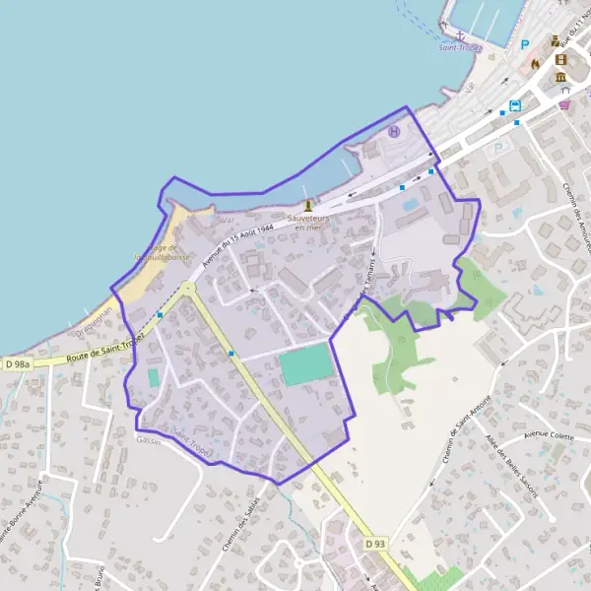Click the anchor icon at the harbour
458,34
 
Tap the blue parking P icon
525,44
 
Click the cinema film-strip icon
560,59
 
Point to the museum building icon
560,78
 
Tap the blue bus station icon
514,106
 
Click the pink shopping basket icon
564,103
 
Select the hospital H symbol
395,131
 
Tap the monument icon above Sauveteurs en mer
308,206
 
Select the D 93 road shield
373,544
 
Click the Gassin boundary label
148,439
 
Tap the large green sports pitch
305,364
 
